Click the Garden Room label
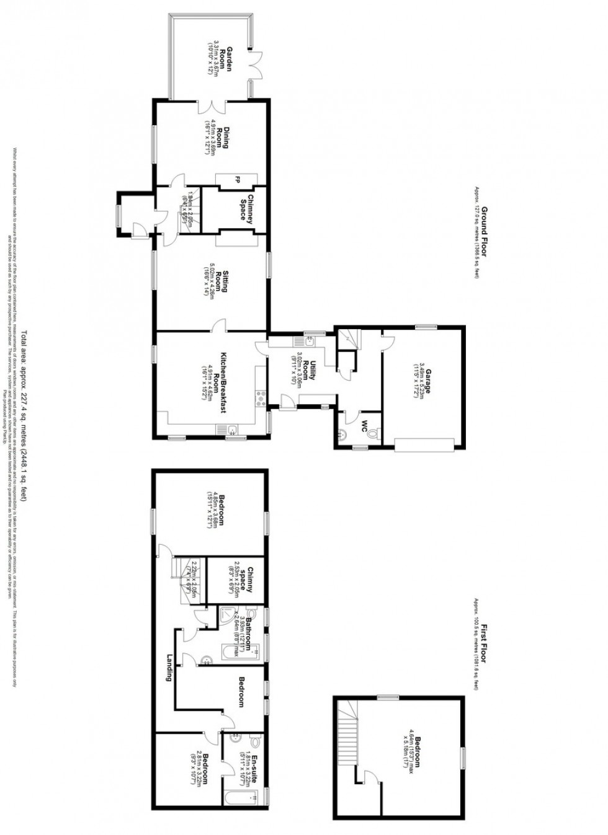pos(230,60)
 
